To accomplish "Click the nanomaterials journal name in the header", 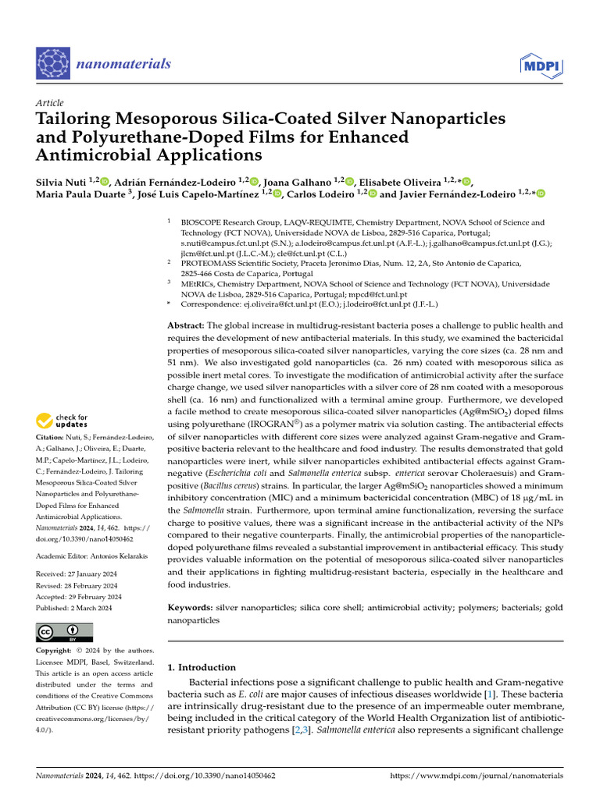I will click(123, 64).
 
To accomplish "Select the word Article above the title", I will click(50, 103).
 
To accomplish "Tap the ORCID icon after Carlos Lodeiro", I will click(373, 194).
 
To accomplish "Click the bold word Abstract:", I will click(186, 325).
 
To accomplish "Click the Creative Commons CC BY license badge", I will click(65, 631).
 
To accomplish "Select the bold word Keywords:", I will click(191, 607).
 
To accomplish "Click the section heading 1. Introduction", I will click(202, 667).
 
